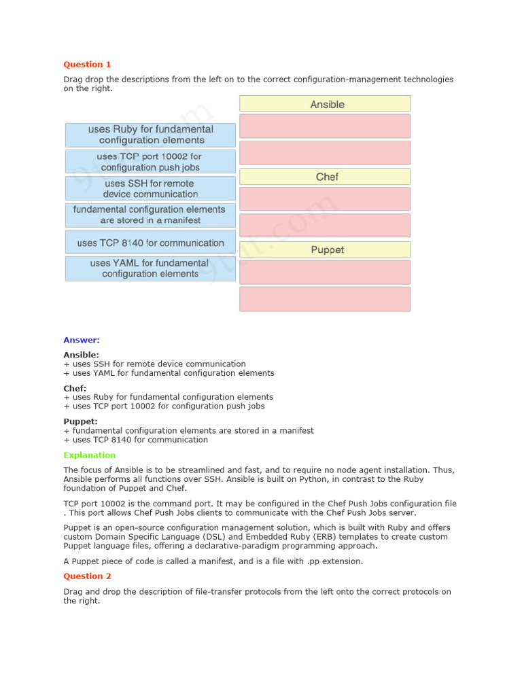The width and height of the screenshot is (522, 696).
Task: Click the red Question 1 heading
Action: tap(87, 65)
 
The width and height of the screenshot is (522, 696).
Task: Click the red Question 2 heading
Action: tap(87, 576)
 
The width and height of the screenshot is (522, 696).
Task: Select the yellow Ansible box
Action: tap(325, 104)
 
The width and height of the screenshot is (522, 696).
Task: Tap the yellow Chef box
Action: tap(325, 177)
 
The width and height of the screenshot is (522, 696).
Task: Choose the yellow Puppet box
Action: tap(325, 249)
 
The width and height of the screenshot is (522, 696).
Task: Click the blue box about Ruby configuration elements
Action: tap(150, 135)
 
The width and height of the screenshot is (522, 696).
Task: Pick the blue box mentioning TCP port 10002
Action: tap(150, 162)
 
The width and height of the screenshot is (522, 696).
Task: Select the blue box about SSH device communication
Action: tap(150, 188)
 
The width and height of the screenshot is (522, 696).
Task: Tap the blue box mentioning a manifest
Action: tap(150, 215)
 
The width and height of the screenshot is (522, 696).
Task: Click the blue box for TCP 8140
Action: tap(150, 243)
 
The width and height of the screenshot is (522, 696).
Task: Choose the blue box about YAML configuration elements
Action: tap(150, 268)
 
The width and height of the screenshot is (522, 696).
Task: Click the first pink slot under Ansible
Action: tap(325, 126)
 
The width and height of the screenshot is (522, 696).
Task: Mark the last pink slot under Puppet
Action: tap(325, 299)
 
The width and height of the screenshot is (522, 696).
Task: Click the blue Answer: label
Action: tap(82, 340)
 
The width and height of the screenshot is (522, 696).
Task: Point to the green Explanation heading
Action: tap(90, 455)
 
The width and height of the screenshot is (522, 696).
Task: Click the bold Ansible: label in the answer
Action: tap(81, 355)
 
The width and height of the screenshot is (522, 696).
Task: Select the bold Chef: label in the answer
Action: tap(75, 388)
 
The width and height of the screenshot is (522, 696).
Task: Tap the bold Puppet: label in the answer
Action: tap(80, 421)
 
